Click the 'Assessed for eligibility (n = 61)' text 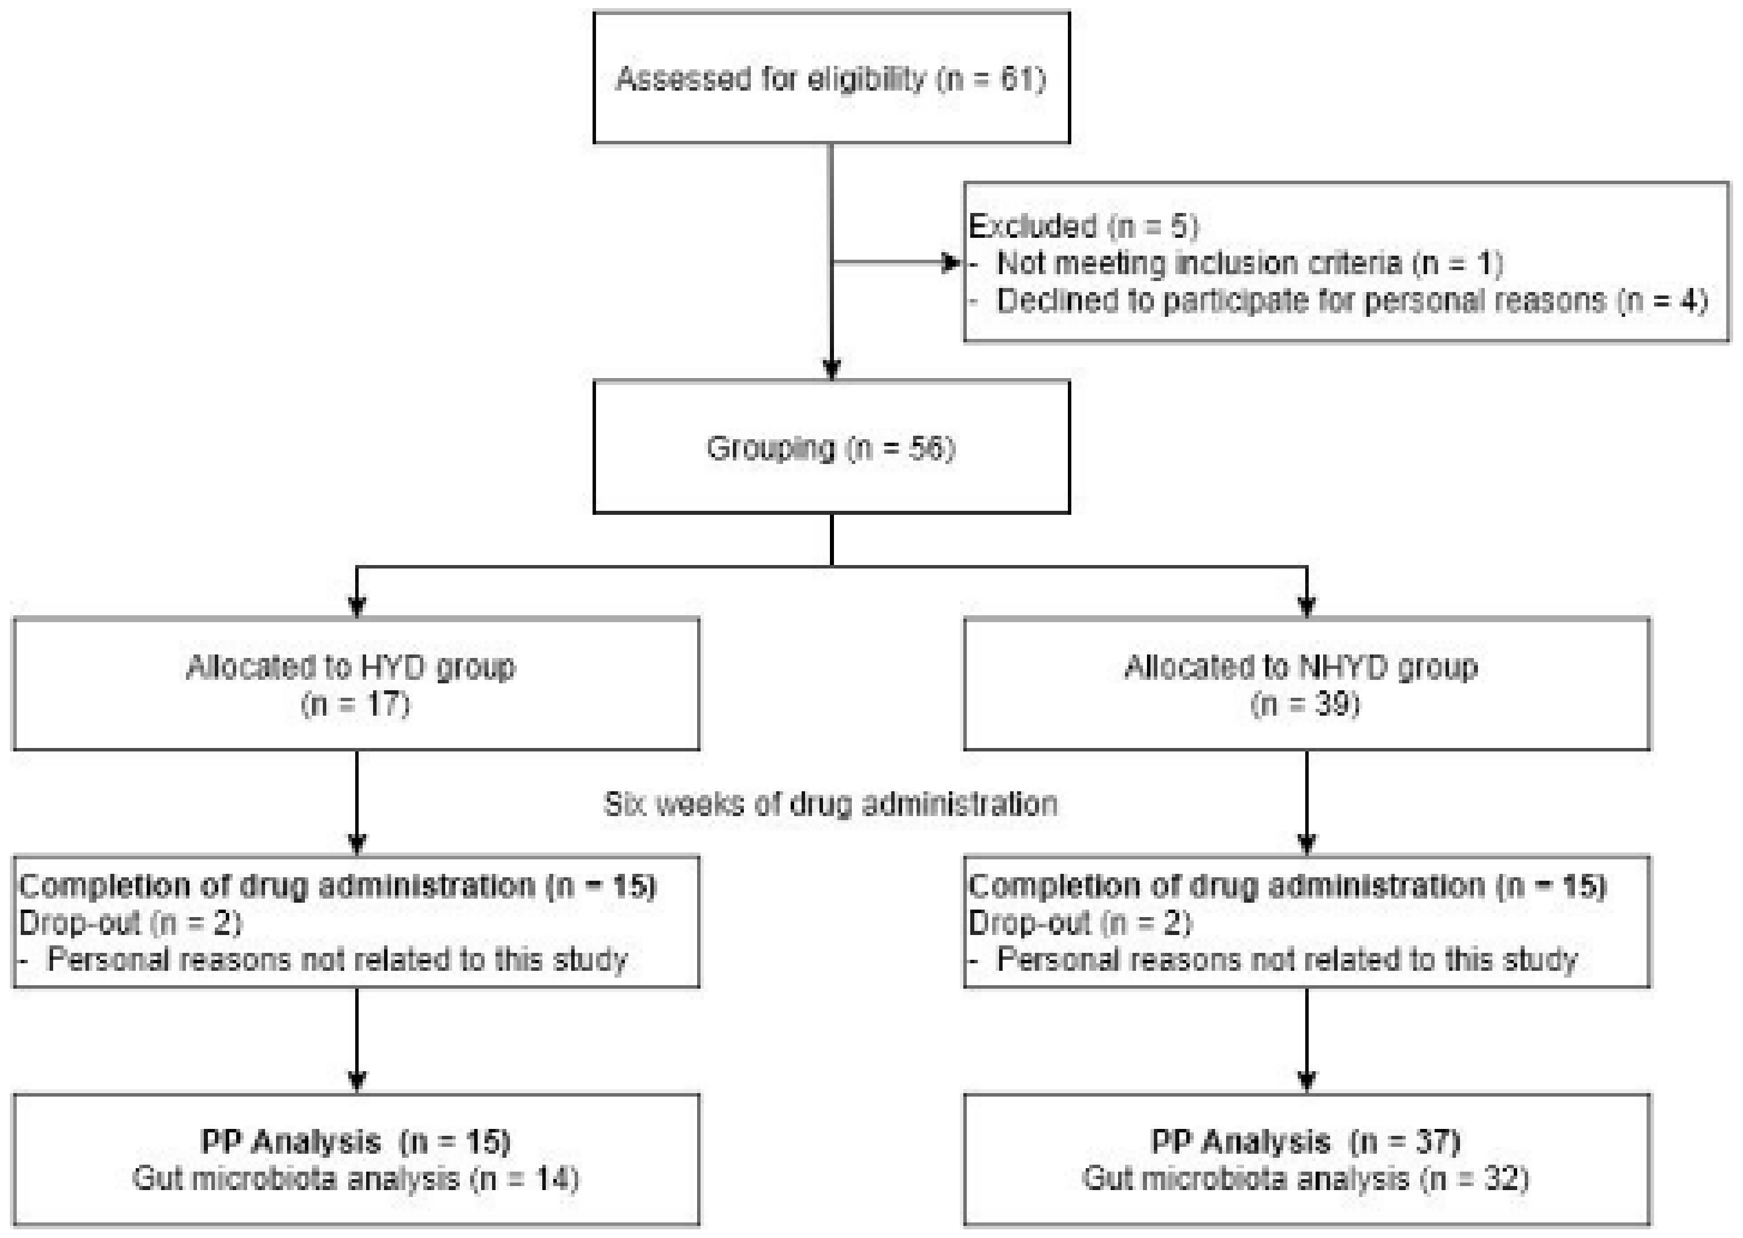830,78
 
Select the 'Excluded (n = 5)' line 1083,226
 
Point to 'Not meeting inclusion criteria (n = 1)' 1249,263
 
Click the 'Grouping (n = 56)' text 830,447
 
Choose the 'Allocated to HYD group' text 351,667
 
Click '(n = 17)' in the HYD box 355,704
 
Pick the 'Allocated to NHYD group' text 1301,667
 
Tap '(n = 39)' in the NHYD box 1305,704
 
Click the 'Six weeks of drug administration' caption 830,804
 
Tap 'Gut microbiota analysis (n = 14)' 355,1179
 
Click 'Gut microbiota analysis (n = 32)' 1305,1179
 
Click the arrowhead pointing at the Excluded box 951,263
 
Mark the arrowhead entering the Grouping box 832,371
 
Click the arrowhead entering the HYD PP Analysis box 357,1080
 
